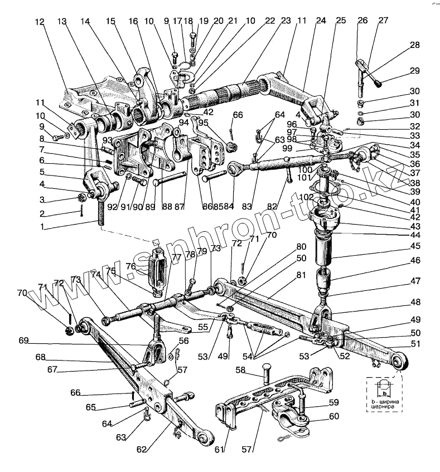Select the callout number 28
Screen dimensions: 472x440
(x=414, y=45)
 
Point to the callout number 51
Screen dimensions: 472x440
(x=414, y=344)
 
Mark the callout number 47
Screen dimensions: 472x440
(x=414, y=281)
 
